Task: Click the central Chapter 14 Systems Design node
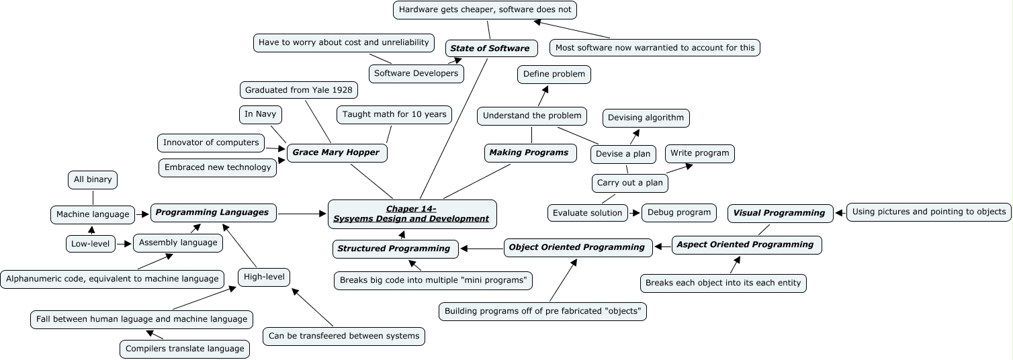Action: coord(412,214)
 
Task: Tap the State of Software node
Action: coord(491,48)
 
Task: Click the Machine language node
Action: coord(93,215)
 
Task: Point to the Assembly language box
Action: coord(178,242)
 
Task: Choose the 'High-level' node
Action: coord(264,276)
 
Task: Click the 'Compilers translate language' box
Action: coord(185,349)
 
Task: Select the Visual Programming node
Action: coord(780,213)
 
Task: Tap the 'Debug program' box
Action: coord(678,213)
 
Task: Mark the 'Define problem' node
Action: coord(554,74)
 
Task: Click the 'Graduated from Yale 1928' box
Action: coord(298,90)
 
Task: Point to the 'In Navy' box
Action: coord(260,114)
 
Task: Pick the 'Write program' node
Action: coord(699,153)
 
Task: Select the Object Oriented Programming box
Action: coord(578,247)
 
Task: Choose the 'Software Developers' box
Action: coord(416,73)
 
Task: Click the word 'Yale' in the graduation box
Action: coord(318,90)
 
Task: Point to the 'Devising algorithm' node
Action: coord(646,118)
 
